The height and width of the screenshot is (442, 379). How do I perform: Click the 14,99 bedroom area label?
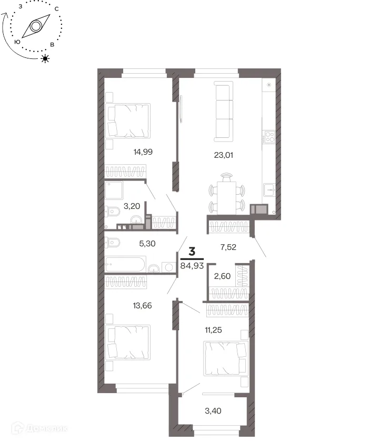pyautogui.click(x=143, y=152)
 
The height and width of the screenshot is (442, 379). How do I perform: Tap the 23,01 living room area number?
pyautogui.click(x=224, y=155)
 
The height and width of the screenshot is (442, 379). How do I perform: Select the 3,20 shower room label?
pyautogui.click(x=132, y=206)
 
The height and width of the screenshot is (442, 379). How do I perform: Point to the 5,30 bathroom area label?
pyautogui.click(x=147, y=244)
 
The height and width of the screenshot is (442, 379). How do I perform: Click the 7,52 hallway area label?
pyautogui.click(x=228, y=247)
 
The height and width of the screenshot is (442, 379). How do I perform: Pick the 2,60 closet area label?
pyautogui.click(x=222, y=276)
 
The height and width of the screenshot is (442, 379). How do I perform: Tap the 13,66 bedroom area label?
pyautogui.click(x=143, y=306)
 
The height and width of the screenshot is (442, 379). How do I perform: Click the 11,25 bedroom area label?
pyautogui.click(x=214, y=330)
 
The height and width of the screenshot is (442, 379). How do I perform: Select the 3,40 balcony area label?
pyautogui.click(x=213, y=411)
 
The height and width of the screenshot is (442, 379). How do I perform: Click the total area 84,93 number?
pyautogui.click(x=192, y=266)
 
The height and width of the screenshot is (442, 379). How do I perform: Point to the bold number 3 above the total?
pyautogui.click(x=192, y=251)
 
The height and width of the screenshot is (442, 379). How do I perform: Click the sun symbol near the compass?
pyautogui.click(x=45, y=58)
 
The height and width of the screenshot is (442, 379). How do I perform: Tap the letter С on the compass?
pyautogui.click(x=57, y=9)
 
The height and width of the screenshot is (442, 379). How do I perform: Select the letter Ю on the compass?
pyautogui.click(x=17, y=42)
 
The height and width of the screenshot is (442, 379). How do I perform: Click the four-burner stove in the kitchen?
pyautogui.click(x=270, y=137)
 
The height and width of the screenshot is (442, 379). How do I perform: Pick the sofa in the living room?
pyautogui.click(x=224, y=112)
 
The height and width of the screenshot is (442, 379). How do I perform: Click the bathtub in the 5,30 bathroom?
pyautogui.click(x=125, y=264)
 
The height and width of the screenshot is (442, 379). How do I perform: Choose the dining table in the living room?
pyautogui.click(x=226, y=198)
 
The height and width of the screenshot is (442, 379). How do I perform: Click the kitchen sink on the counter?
pyautogui.click(x=270, y=190)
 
